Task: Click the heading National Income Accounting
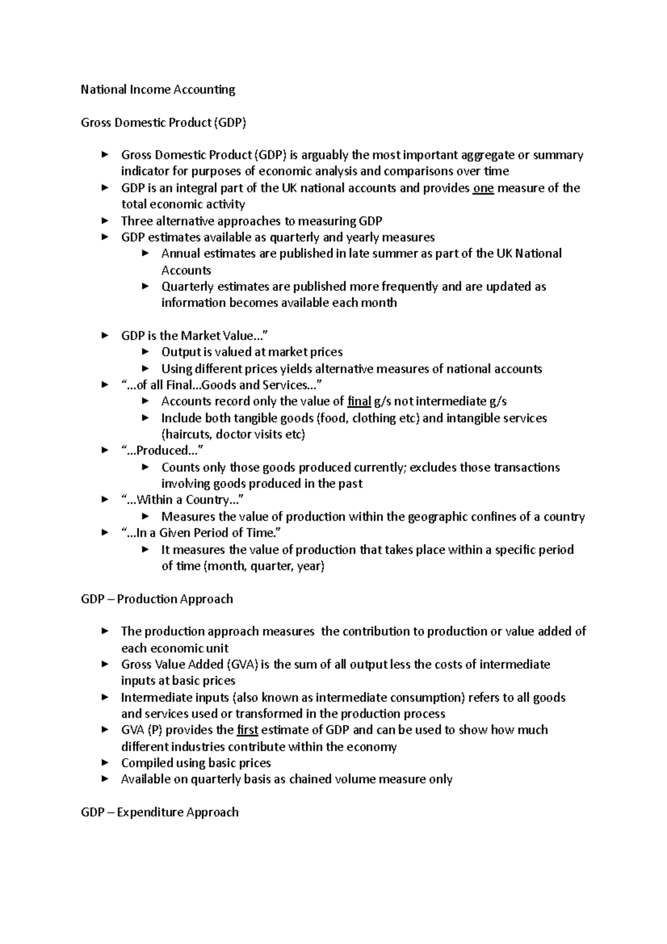[x=158, y=90]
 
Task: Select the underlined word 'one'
[x=483, y=188]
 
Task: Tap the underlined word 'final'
[x=359, y=401]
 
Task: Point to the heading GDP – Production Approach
[x=157, y=599]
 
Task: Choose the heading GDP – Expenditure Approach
[x=160, y=812]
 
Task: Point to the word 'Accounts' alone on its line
[x=186, y=270]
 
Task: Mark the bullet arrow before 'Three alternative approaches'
[x=105, y=221]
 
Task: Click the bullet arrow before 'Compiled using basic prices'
[x=105, y=763]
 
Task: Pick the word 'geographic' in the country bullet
[x=437, y=516]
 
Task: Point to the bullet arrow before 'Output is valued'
[x=146, y=352]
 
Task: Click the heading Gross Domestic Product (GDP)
[x=163, y=122]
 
